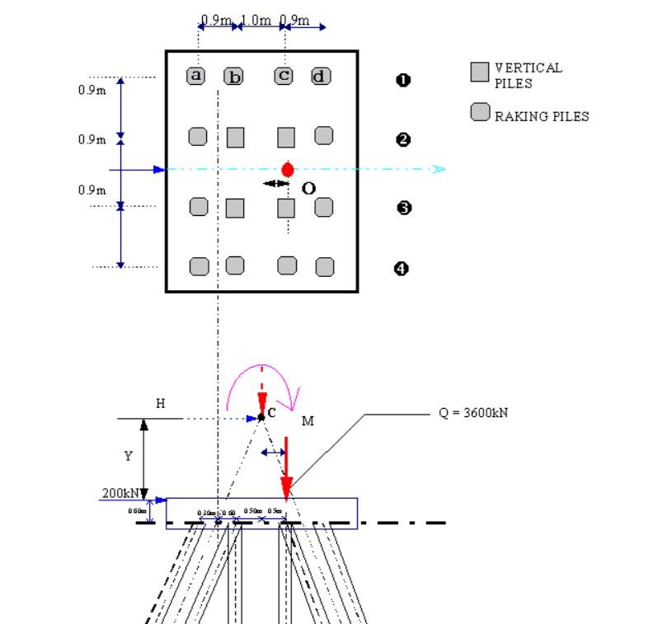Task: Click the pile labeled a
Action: click(196, 76)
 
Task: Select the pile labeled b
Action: click(234, 77)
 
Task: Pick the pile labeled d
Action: click(321, 77)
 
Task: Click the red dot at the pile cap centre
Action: click(287, 169)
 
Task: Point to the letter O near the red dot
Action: click(308, 188)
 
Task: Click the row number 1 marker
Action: click(404, 80)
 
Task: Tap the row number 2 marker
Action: click(404, 139)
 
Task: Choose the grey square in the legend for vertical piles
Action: click(480, 73)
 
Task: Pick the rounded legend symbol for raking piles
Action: click(480, 112)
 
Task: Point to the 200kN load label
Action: click(120, 492)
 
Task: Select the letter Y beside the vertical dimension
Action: click(128, 456)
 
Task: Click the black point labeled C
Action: click(261, 416)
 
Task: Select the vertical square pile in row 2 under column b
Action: click(236, 137)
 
